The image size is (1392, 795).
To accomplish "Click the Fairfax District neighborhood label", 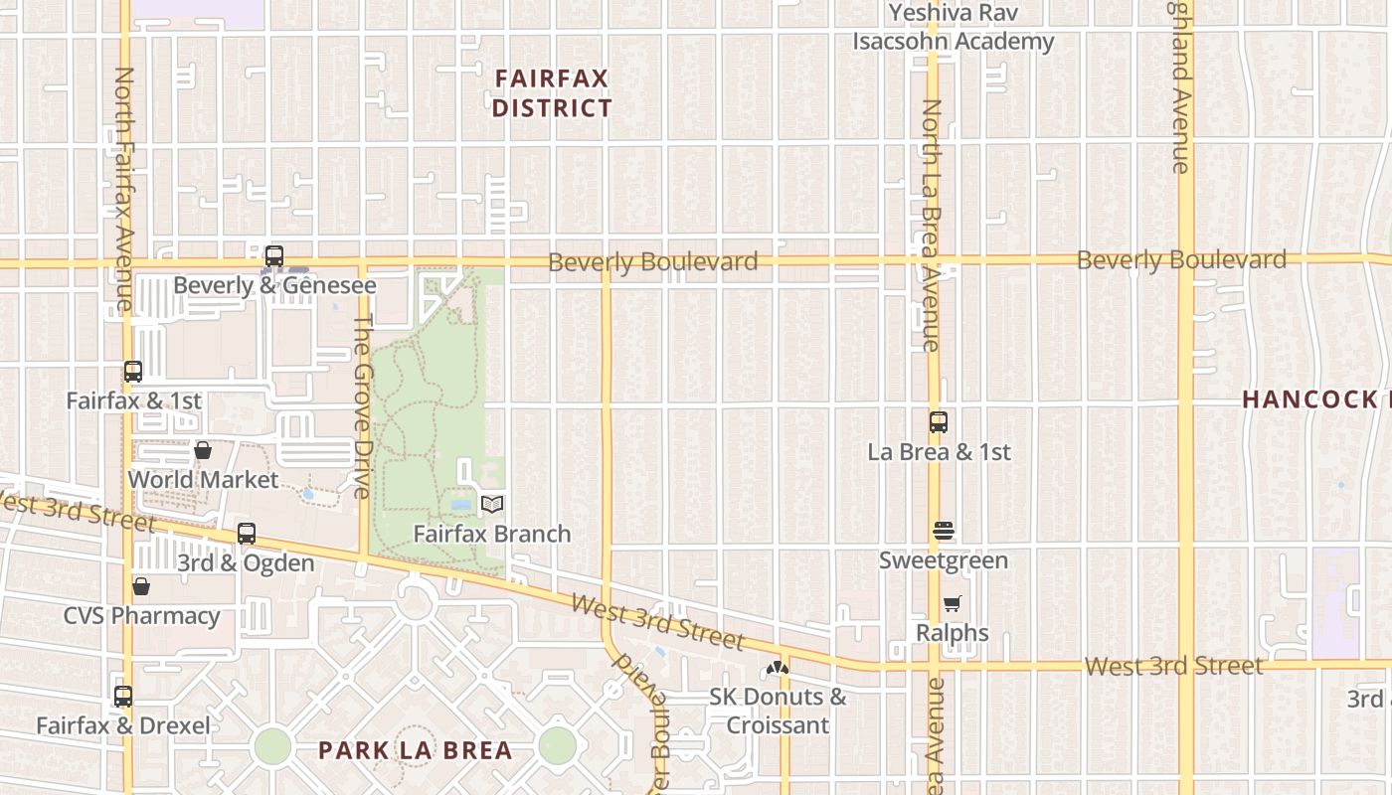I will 552,92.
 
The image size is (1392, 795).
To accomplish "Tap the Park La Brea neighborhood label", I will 416,750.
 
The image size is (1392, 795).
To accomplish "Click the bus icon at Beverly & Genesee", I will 274,256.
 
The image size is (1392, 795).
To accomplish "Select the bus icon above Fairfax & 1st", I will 133,372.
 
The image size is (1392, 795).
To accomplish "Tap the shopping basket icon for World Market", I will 203,450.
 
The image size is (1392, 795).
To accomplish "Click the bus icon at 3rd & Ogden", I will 247,534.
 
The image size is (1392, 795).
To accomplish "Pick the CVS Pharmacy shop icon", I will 141,586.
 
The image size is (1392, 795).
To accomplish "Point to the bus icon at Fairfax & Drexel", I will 123,697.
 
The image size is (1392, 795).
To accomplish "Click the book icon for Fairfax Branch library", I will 492,505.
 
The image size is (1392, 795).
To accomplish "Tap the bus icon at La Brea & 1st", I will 939,422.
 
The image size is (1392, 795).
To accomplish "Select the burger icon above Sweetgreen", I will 944,532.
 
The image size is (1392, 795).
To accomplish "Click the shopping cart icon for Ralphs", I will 953,603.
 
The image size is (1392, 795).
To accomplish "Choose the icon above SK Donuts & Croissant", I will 778,668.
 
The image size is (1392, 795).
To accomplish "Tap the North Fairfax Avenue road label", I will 124,189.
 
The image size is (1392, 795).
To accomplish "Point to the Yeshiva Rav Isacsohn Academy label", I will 953,27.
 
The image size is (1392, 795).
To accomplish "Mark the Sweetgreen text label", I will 943,560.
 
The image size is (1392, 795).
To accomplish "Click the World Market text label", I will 203,479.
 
